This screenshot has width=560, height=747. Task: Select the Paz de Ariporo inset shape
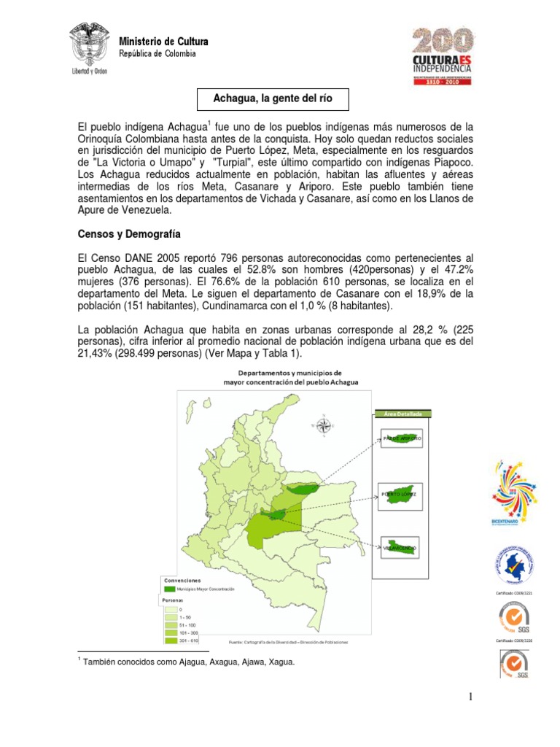tap(401, 440)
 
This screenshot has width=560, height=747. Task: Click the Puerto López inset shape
tap(400, 494)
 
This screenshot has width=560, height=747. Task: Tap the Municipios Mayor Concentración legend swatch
tap(170, 588)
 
